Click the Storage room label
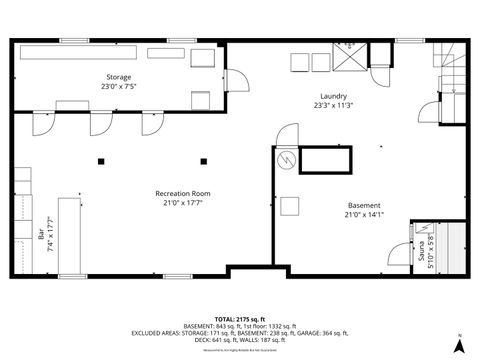click(x=119, y=76)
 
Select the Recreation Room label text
click(x=182, y=192)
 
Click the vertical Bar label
click(x=41, y=240)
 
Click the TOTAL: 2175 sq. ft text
click(x=239, y=320)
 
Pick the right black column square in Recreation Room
click(x=204, y=161)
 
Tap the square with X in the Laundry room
click(x=349, y=59)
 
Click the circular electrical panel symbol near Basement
click(x=283, y=159)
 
